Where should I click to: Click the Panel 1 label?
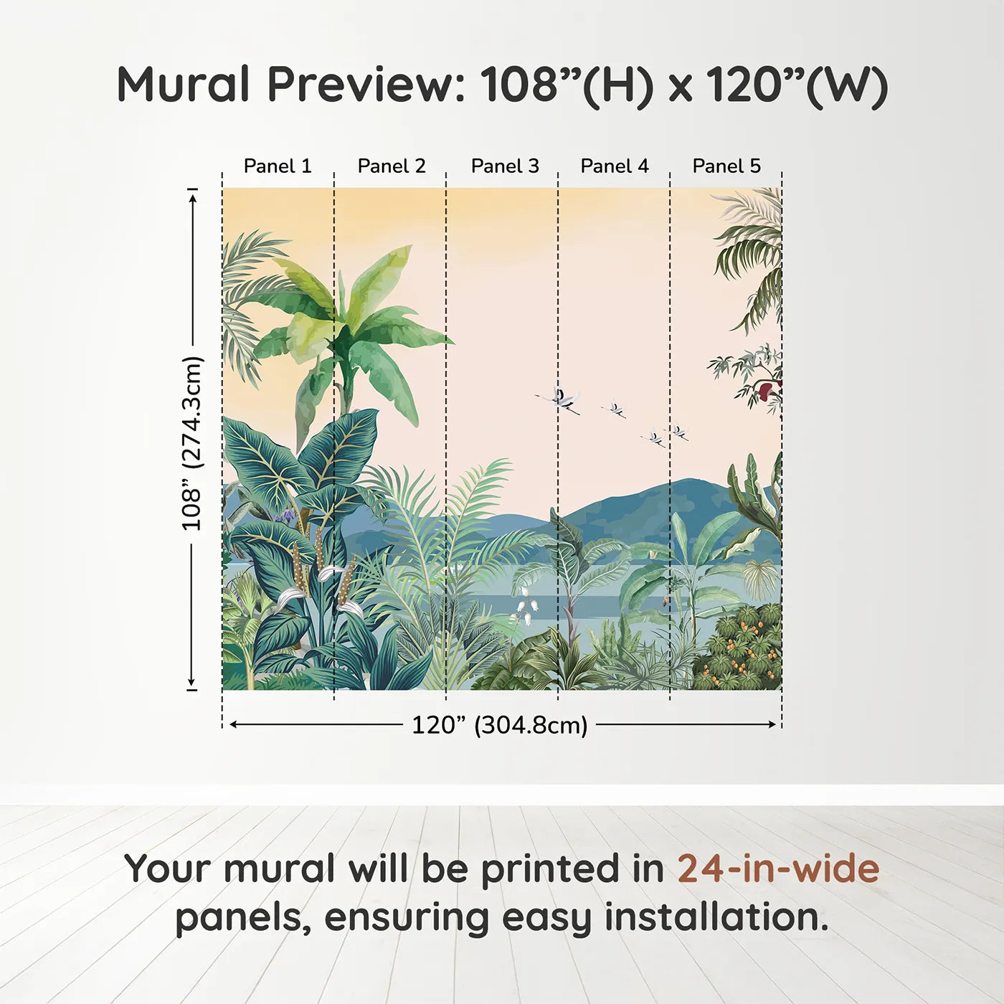click(x=278, y=166)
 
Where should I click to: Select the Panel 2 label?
click(x=392, y=166)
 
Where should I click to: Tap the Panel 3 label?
click(x=505, y=166)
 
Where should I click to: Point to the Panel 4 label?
click(x=615, y=166)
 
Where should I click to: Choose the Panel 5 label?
click(x=726, y=166)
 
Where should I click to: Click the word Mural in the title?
click(x=184, y=84)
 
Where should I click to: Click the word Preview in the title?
click(x=366, y=84)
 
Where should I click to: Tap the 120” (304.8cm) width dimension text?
click(x=500, y=725)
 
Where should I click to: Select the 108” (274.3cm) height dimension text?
click(x=191, y=443)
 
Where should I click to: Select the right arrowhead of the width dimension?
click(x=772, y=724)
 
